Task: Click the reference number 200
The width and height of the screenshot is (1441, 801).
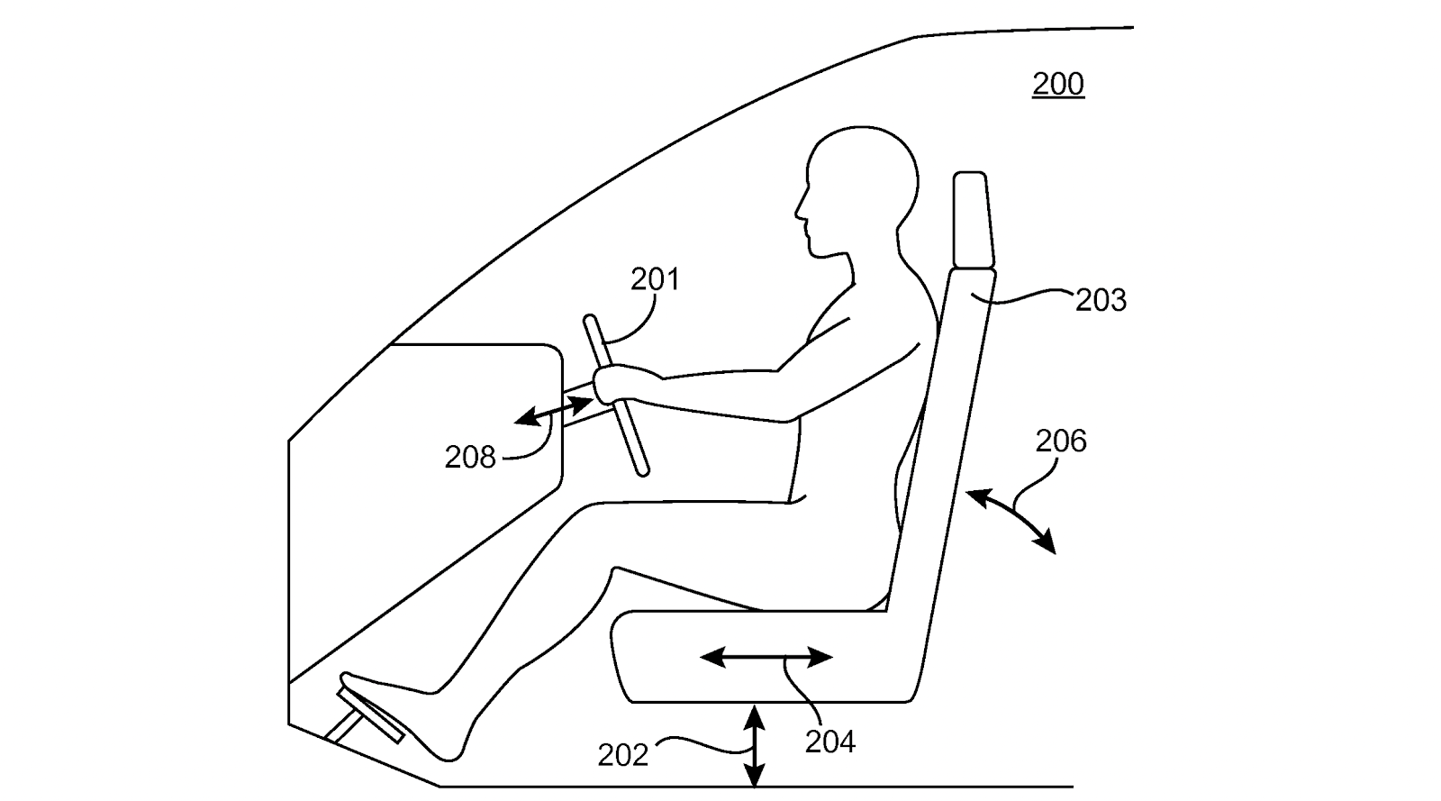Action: (1057, 84)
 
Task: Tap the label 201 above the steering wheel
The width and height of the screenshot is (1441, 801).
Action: (655, 279)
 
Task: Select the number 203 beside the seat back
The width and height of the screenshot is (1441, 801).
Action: (1101, 299)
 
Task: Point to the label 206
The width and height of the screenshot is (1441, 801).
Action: (1061, 441)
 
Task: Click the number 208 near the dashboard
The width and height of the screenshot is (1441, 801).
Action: (470, 458)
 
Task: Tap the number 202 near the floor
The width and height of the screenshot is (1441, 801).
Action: (623, 755)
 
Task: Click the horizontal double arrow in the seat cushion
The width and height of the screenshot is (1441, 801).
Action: (766, 657)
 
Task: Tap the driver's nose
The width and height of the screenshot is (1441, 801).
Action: (798, 213)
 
